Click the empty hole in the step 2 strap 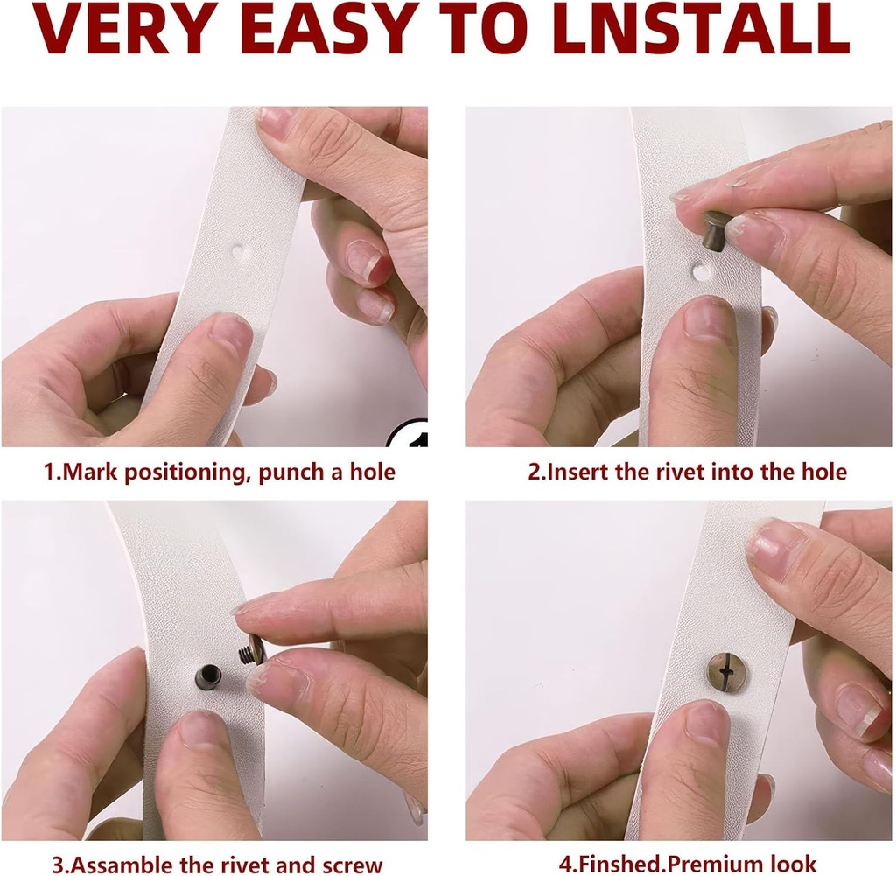pos(700,271)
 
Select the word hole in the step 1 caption pos(373,472)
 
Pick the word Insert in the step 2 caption pos(572,472)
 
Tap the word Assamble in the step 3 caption pos(115,865)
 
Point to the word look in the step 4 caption pos(794,864)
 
